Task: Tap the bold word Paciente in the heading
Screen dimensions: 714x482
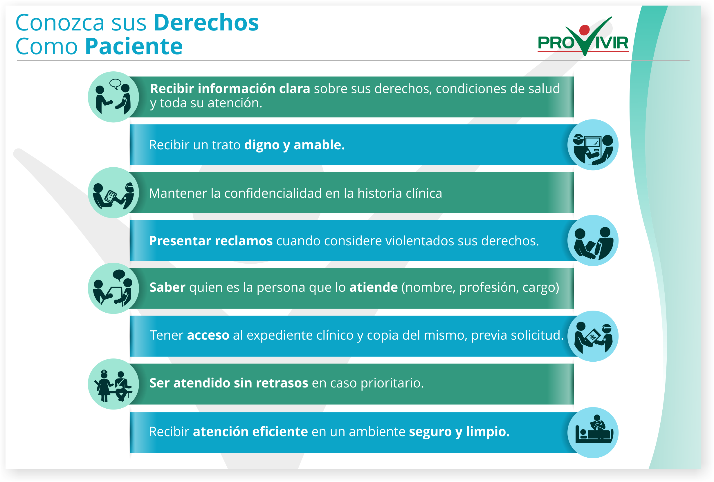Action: click(134, 46)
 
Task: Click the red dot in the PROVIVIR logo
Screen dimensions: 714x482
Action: click(584, 30)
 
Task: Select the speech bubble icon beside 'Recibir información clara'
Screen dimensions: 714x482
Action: click(116, 84)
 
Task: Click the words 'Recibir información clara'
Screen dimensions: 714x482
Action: click(230, 88)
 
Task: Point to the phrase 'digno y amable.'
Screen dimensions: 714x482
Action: click(294, 145)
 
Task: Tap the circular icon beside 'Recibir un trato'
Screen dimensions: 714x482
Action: click(593, 145)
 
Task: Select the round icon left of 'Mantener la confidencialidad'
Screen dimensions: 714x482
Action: click(113, 193)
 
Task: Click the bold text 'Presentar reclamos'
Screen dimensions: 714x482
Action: click(211, 241)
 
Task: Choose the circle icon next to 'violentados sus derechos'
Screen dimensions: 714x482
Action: click(593, 240)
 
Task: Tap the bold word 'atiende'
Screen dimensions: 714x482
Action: click(374, 287)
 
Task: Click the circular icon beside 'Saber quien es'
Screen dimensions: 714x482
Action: click(113, 288)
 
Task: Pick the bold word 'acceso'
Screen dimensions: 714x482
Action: click(208, 335)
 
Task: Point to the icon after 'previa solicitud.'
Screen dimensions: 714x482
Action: click(593, 336)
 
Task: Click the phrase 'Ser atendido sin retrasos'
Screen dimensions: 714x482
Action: click(229, 383)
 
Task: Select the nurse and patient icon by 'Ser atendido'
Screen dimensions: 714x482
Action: click(113, 384)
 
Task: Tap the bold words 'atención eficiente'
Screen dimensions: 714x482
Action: click(250, 432)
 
